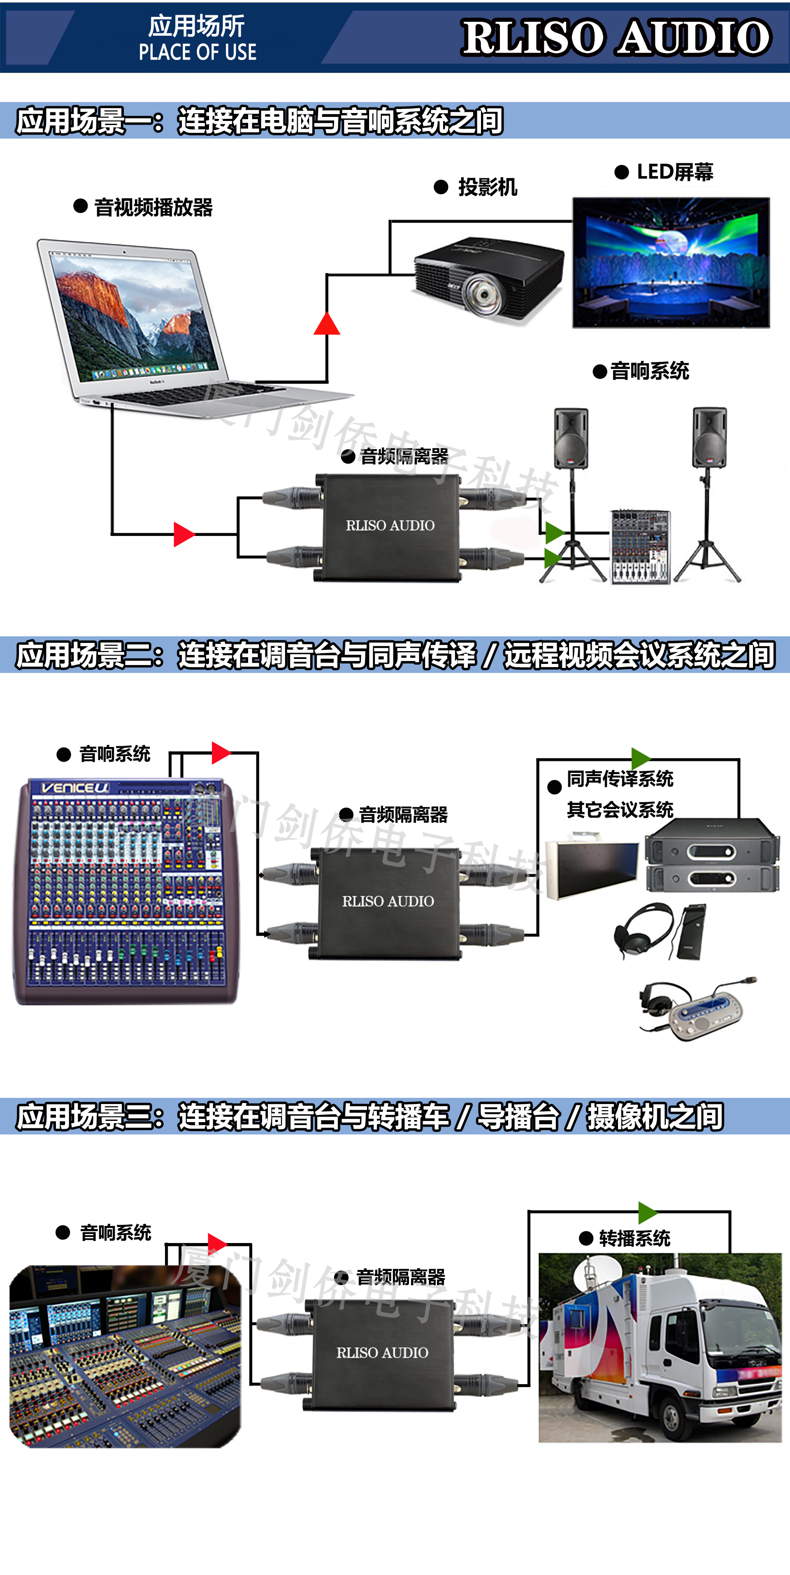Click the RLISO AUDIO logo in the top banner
616,38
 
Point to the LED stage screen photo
671,263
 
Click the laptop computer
153,324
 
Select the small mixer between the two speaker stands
640,546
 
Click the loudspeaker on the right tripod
709,438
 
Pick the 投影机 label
487,187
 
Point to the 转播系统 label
634,1239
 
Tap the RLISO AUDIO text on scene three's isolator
382,1352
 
